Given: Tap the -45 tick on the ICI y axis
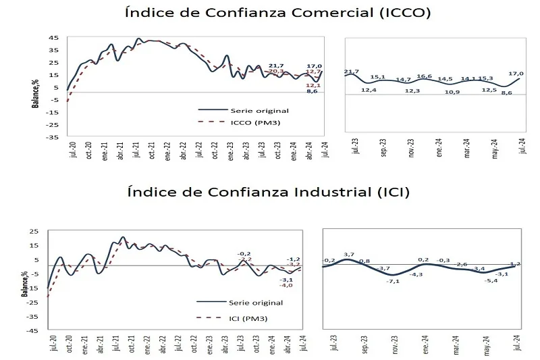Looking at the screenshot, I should point(43,331).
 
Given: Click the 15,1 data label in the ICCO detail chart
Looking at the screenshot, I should point(379,77).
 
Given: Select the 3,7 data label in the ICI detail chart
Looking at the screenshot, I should point(348,254).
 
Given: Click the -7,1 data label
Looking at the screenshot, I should point(395,281).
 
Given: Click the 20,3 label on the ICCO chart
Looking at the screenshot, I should point(276,71).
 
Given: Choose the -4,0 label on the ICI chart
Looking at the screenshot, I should point(287,285).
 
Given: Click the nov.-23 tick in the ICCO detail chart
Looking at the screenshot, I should point(411,148).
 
